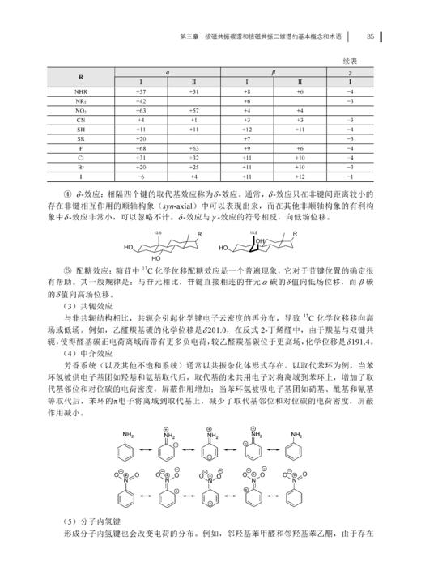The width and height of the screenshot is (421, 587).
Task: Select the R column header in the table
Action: pyautogui.click(x=81, y=77)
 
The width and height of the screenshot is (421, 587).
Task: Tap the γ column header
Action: pyautogui.click(x=349, y=72)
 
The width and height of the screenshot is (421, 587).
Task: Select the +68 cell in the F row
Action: pyautogui.click(x=140, y=148)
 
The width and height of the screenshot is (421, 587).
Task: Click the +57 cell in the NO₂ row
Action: pyautogui.click(x=194, y=110)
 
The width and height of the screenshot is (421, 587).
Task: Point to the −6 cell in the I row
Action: pyautogui.click(x=140, y=176)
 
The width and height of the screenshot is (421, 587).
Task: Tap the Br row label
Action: pyautogui.click(x=81, y=167)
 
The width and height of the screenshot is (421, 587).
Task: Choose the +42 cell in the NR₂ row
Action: pyautogui.click(x=140, y=101)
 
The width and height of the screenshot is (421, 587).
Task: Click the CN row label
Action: pyautogui.click(x=81, y=120)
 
